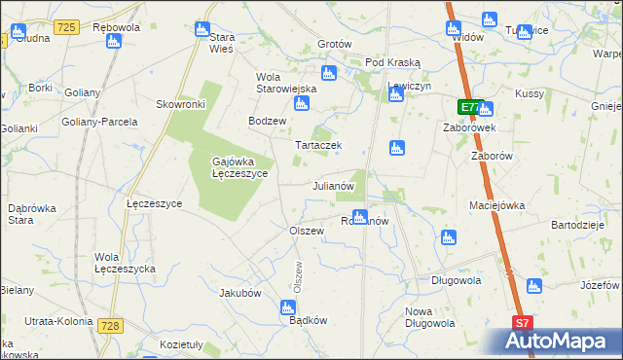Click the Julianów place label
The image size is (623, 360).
(339, 185)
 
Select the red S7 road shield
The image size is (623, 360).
(523, 323)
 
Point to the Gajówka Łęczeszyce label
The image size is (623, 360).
(239, 167)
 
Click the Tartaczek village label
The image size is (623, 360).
(318, 145)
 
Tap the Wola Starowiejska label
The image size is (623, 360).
(287, 83)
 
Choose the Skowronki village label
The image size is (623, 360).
(180, 103)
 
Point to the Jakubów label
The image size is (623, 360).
(240, 292)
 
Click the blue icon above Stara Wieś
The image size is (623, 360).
(202, 28)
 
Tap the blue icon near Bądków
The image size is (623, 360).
(287, 307)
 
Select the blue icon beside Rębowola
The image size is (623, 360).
(114, 41)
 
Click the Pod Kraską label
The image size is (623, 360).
(389, 62)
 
